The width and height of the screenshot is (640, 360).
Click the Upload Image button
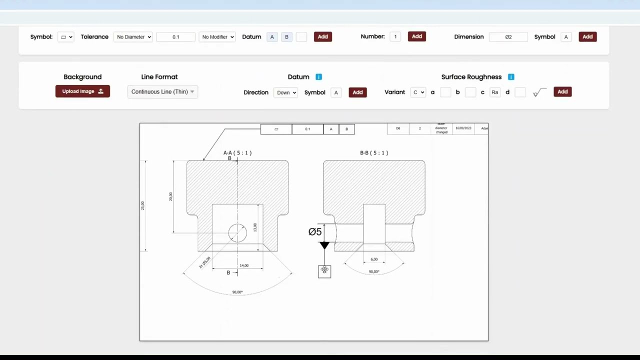click(82, 91)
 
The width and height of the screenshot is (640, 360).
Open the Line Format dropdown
click(162, 92)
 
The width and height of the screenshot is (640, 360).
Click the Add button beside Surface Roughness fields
click(562, 92)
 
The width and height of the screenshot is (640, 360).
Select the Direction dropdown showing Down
click(286, 92)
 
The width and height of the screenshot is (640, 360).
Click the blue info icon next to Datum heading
click(318, 77)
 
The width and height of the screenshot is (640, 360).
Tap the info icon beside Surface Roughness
click(511, 77)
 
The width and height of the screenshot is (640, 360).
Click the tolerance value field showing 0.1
click(175, 37)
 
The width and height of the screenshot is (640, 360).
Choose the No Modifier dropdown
click(217, 37)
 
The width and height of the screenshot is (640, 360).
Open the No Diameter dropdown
click(133, 37)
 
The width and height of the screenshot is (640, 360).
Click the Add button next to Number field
click(416, 36)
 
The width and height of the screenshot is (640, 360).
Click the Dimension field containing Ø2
click(508, 37)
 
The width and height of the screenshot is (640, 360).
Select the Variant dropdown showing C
click(418, 92)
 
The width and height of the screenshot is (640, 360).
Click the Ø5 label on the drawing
click(315, 231)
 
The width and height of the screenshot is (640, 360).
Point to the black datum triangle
click(324, 245)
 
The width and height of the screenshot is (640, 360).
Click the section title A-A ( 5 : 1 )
click(237, 153)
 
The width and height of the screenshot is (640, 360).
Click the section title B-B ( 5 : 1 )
click(374, 153)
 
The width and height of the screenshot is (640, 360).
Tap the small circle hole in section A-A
click(237, 233)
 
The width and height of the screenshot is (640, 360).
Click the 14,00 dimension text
click(244, 265)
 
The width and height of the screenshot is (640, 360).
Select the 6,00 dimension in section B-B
click(374, 259)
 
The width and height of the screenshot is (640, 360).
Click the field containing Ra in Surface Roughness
click(494, 92)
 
